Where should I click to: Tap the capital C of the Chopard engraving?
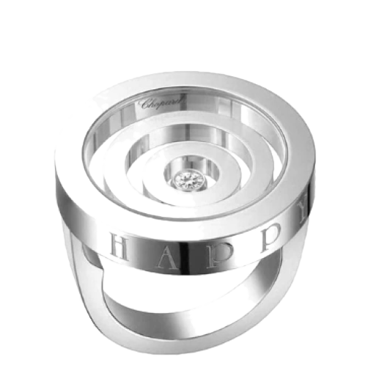click(146, 103)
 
